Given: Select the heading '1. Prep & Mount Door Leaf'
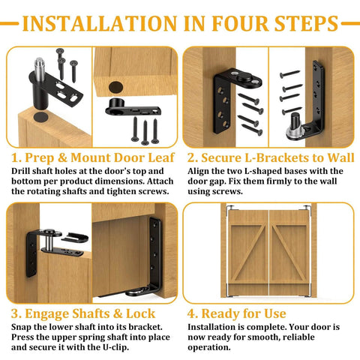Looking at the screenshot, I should click(x=92, y=157).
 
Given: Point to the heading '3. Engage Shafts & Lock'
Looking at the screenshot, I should click(x=83, y=313).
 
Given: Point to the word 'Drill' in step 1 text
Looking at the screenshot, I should click(x=25, y=171).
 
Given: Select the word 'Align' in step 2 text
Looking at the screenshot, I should click(x=201, y=171).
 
